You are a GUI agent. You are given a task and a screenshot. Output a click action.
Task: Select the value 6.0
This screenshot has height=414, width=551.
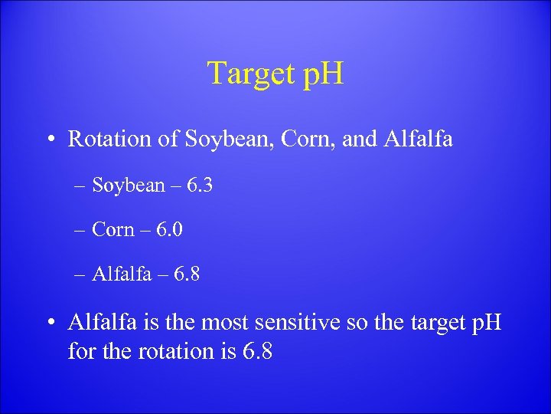pyautogui.click(x=168, y=229)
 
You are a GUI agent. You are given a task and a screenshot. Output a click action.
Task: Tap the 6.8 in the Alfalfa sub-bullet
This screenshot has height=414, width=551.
pyautogui.click(x=185, y=274)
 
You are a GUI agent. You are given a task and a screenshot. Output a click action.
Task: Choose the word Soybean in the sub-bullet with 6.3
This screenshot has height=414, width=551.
pyautogui.click(x=128, y=186)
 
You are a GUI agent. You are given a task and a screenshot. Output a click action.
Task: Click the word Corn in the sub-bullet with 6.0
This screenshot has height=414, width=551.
pyautogui.click(x=113, y=229)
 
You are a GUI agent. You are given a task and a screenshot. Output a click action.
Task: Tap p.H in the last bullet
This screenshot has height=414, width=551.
pyautogui.click(x=483, y=322)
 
